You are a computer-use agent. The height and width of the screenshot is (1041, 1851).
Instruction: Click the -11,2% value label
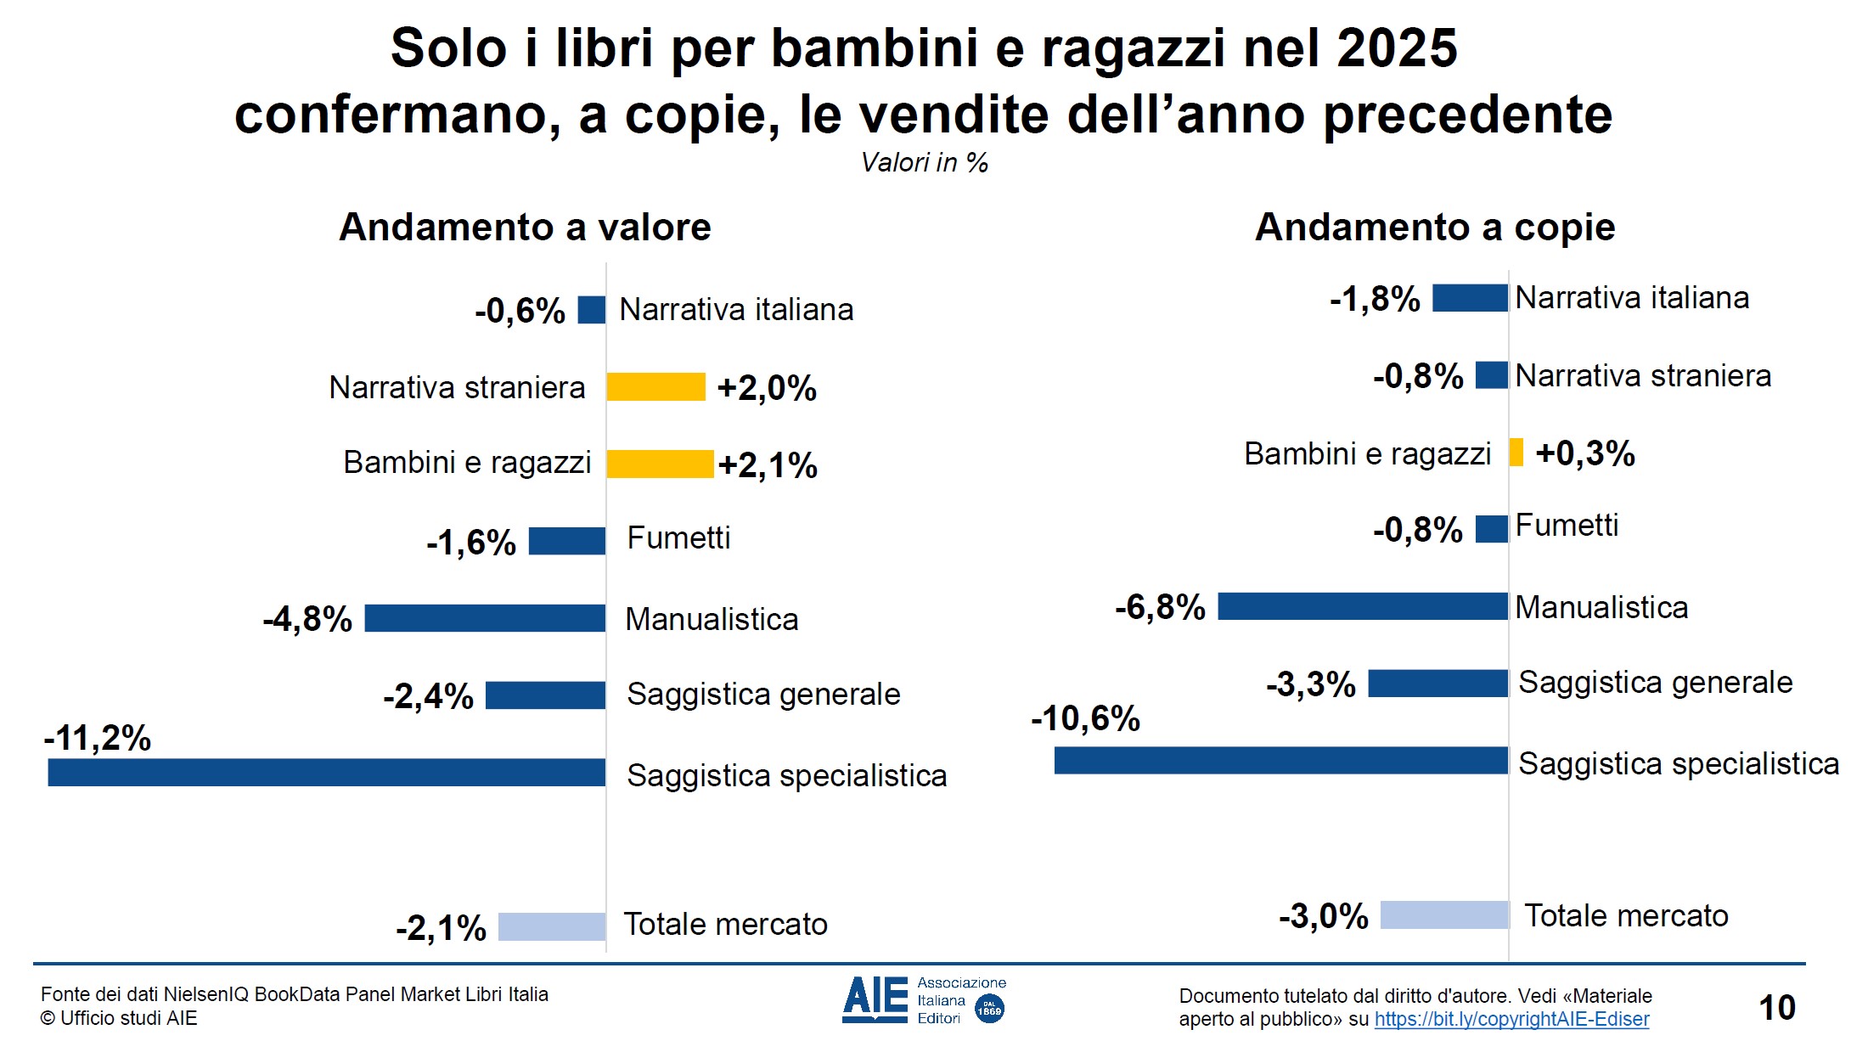point(98,738)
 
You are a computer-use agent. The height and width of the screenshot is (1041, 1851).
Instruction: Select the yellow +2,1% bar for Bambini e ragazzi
point(660,464)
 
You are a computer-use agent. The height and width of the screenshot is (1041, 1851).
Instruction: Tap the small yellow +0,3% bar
point(1516,453)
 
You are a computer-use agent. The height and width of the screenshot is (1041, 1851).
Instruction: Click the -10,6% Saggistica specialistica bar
point(1280,761)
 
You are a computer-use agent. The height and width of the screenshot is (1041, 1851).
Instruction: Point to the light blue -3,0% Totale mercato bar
point(1444,915)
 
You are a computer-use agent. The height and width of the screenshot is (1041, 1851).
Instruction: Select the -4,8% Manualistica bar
point(485,618)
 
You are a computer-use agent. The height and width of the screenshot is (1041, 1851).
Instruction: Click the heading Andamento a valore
point(525,228)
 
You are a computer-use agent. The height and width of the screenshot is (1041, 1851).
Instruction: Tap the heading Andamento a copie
point(1435,228)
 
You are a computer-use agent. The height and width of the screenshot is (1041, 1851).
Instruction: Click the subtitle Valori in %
point(925,162)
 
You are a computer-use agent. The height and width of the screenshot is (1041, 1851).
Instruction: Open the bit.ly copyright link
point(1511,1019)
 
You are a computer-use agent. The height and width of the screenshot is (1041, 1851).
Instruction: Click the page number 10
point(1776,1008)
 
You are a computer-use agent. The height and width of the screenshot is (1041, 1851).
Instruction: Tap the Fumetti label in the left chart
point(678,538)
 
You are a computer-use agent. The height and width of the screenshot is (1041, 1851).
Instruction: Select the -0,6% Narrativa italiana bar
point(591,310)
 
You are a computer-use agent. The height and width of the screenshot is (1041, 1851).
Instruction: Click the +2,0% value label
point(767,388)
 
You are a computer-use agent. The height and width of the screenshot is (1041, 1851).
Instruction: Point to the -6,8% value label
point(1160,607)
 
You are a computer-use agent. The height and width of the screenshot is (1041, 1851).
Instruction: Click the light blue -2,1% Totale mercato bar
point(551,926)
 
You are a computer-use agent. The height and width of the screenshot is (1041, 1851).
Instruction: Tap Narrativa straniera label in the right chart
point(1643,375)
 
